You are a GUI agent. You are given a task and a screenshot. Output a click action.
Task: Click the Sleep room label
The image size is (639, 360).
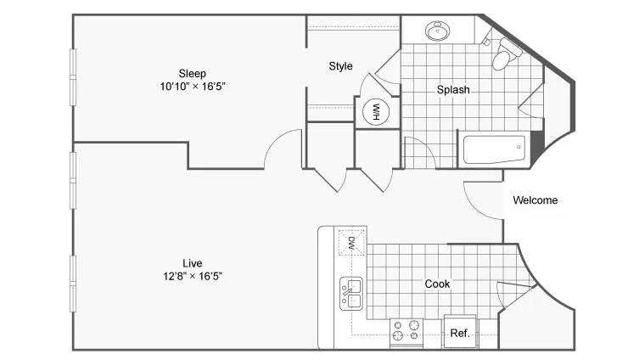[x=193, y=74]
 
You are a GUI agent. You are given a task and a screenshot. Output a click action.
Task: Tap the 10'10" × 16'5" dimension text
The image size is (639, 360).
[x=193, y=87]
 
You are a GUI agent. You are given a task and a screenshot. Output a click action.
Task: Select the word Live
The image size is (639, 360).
[x=193, y=263]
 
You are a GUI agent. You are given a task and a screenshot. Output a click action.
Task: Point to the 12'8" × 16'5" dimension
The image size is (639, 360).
[x=193, y=277]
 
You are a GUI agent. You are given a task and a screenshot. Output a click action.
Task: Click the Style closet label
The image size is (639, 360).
[x=340, y=66]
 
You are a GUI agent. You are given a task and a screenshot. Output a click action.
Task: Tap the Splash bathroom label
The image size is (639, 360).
[x=453, y=90]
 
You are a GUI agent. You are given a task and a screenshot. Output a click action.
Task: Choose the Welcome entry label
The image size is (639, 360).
[x=535, y=200]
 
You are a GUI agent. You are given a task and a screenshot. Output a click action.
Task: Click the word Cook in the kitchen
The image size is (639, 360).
[x=437, y=284]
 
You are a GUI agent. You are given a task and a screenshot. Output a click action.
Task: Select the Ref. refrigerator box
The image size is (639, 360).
[x=460, y=331]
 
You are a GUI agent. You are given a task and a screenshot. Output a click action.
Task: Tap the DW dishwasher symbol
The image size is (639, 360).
[x=351, y=243]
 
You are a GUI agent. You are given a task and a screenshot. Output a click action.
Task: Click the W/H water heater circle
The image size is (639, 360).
[x=376, y=112]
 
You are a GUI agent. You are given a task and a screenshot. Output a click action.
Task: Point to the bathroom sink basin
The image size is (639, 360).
[x=438, y=31]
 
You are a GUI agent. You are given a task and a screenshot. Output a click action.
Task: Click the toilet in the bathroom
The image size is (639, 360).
[x=505, y=54]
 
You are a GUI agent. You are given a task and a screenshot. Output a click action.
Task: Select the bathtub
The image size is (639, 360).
[x=495, y=149]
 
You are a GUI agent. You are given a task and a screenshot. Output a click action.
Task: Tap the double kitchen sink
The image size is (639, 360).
[x=350, y=294]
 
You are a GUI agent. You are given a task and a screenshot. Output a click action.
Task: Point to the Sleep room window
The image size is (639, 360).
[x=73, y=77]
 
